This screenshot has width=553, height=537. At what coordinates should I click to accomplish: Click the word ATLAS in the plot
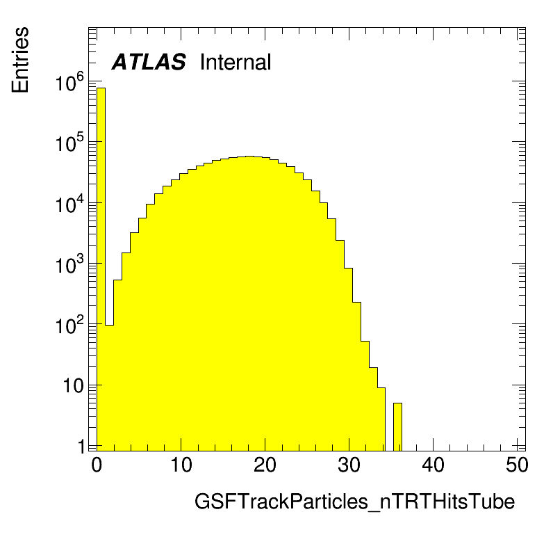149,62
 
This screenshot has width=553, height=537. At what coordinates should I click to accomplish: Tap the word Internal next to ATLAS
236,62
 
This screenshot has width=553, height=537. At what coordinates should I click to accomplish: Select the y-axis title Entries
20,60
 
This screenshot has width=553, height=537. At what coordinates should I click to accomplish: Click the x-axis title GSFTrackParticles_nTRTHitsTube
354,502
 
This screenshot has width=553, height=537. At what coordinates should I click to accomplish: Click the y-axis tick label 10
74,386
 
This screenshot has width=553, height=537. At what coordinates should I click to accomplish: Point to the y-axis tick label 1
81,447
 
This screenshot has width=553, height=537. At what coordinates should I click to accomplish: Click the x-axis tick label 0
97,465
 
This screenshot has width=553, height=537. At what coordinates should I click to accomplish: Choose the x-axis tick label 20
265,465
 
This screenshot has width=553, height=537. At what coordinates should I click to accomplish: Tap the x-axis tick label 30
349,465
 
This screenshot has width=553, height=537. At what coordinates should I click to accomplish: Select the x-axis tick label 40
433,465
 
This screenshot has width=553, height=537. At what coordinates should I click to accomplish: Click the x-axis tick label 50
517,465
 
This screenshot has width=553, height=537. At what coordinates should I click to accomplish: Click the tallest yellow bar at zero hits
101,269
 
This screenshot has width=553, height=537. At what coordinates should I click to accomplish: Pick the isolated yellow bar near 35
397,427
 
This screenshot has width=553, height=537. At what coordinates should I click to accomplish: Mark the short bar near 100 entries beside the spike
109,388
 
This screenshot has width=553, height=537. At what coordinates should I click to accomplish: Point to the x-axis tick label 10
181,465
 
